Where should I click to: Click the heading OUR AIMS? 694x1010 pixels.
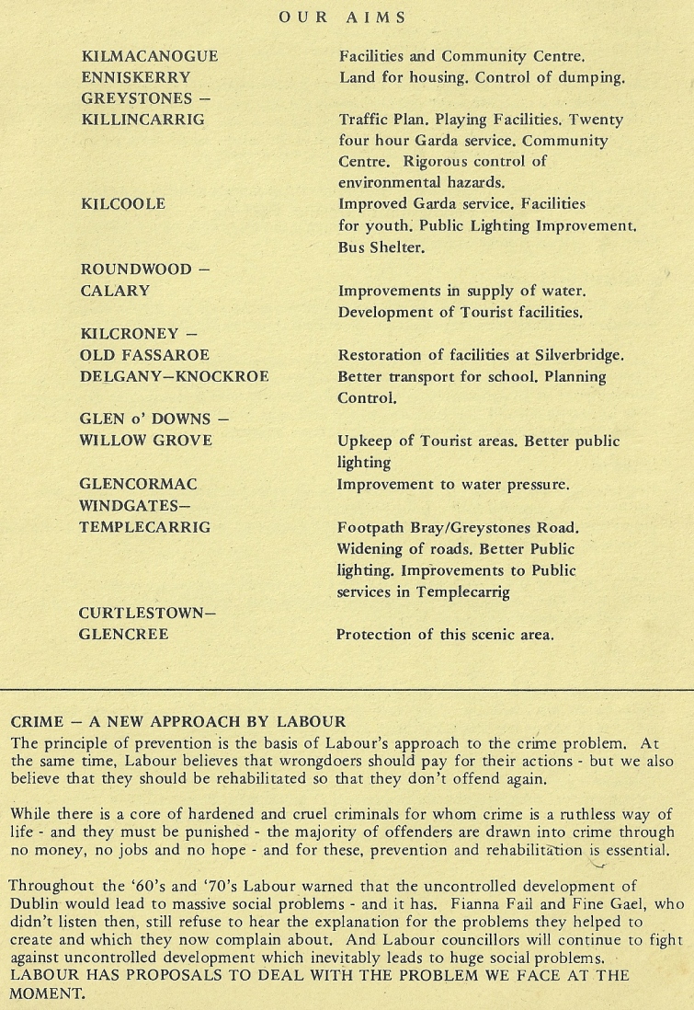(x=342, y=17)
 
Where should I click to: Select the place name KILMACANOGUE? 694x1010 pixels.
(x=150, y=57)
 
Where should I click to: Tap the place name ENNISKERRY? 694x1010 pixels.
(x=136, y=78)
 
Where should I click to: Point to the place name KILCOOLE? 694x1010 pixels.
(x=123, y=204)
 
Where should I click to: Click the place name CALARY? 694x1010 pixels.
(x=116, y=292)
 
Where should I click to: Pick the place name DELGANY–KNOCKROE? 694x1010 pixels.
(x=175, y=377)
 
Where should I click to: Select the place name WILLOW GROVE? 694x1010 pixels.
(x=146, y=441)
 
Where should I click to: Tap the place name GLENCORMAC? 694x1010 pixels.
(x=139, y=484)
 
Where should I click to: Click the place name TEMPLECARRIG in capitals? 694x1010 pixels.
(x=145, y=528)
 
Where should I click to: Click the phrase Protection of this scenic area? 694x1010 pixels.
(x=445, y=635)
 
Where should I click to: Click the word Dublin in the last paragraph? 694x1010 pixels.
(x=34, y=903)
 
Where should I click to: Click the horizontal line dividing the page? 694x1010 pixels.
(x=347, y=688)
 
